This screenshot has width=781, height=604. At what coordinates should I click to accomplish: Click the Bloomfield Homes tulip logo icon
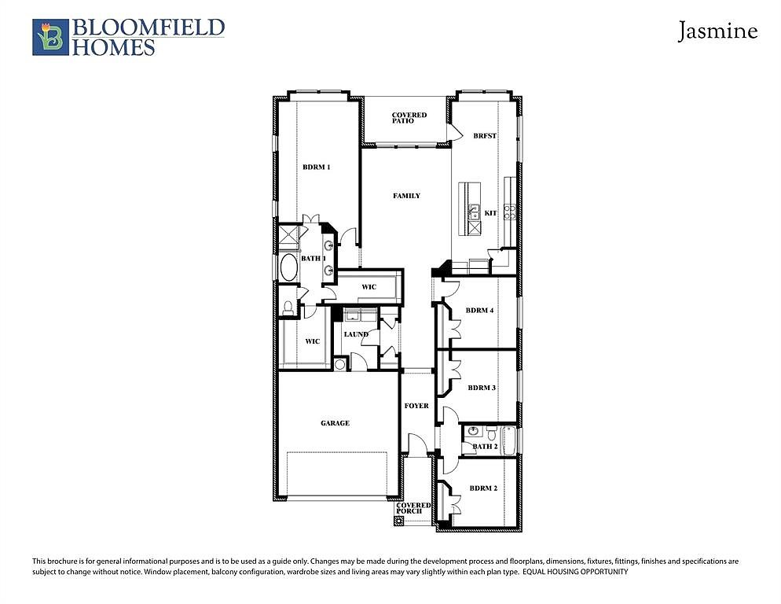(x=50, y=37)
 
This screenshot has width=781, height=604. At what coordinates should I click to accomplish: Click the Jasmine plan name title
(x=717, y=31)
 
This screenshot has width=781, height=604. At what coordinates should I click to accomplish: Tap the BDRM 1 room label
(x=317, y=167)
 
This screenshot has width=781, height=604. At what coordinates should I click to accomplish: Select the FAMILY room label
(x=406, y=196)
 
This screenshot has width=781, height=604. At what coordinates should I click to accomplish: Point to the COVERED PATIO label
(x=409, y=118)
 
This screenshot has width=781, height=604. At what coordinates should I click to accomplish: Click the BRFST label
(x=485, y=135)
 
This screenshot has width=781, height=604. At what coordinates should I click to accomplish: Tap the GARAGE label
(x=335, y=423)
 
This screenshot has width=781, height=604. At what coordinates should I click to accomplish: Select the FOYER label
(x=416, y=406)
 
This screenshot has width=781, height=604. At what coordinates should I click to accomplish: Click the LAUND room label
(x=356, y=334)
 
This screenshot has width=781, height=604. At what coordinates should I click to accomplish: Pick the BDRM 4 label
(x=479, y=310)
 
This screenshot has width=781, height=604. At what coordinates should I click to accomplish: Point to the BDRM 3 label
(x=482, y=388)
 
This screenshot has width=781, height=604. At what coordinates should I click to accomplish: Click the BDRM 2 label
(x=483, y=488)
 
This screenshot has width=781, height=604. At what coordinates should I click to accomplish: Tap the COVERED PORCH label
(x=413, y=508)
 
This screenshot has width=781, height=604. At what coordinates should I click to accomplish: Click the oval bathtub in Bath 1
(x=289, y=268)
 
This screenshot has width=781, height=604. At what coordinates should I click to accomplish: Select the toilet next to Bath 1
(x=288, y=308)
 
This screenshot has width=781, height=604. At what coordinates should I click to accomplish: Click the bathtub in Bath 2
(x=508, y=440)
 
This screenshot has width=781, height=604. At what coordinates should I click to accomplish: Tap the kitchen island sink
(x=474, y=213)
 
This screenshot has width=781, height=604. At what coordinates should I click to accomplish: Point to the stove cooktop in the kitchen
(x=509, y=212)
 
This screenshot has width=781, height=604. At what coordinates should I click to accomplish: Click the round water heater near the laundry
(x=339, y=364)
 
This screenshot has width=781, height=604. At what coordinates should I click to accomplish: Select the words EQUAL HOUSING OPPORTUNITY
(x=575, y=572)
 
